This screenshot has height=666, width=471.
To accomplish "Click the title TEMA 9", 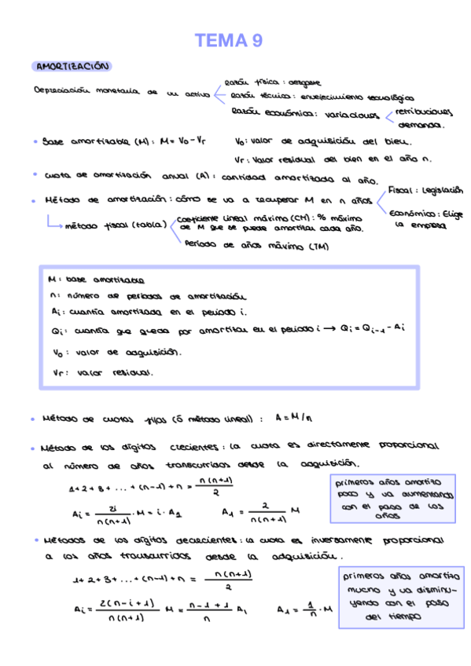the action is click(x=229, y=41).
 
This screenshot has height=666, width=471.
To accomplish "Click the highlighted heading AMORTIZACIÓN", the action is click(x=72, y=68).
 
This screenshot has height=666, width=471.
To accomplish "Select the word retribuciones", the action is click(x=425, y=112).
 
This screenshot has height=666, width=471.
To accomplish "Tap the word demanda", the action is click(x=421, y=124).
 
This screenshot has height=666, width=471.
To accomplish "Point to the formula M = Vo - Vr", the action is click(x=182, y=142).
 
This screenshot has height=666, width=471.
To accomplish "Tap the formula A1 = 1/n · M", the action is click(x=306, y=609).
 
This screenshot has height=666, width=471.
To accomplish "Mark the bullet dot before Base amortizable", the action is click(x=37, y=143).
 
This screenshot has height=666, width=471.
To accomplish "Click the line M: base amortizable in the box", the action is click(x=95, y=280).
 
